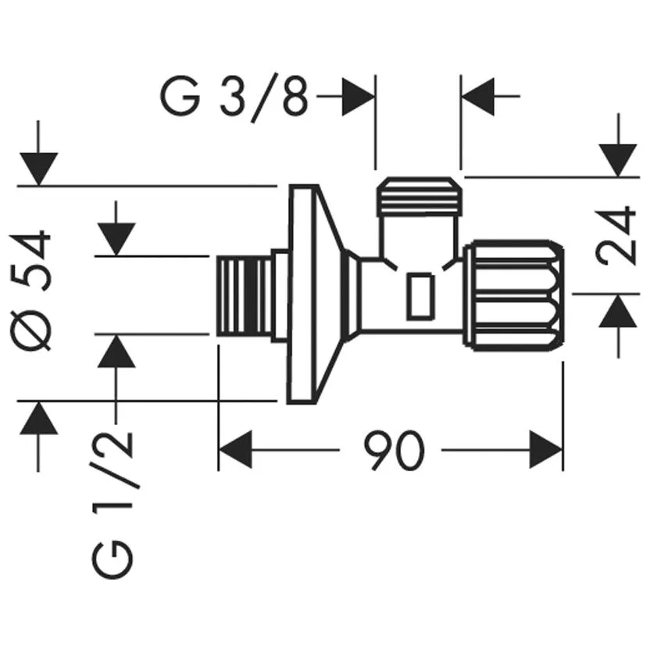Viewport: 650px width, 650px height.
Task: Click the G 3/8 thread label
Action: click(x=234, y=98)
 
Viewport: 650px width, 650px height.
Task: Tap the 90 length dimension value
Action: click(x=395, y=450)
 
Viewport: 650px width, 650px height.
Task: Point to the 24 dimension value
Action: click(x=615, y=235)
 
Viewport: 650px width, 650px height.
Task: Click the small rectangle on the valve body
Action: click(x=420, y=297)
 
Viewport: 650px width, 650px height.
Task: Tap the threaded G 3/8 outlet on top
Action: click(x=419, y=197)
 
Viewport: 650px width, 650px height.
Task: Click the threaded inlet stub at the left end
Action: click(x=245, y=295)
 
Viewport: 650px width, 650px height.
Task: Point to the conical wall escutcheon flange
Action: click(x=316, y=295)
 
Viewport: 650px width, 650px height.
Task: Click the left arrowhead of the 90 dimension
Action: click(x=235, y=450)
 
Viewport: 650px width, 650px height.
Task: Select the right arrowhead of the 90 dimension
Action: click(x=546, y=450)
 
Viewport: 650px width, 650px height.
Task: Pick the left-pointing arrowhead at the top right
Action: click(x=478, y=96)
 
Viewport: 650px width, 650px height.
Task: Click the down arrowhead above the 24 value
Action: click(x=618, y=160)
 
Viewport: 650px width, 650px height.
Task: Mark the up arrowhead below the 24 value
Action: click(x=618, y=310)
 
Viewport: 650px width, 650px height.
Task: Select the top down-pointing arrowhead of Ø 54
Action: click(x=38, y=169)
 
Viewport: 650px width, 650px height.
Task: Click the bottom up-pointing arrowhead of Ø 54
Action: click(x=38, y=418)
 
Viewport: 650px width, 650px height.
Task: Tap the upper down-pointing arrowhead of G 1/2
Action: click(x=116, y=240)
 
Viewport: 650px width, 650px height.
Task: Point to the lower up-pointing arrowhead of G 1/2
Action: click(x=116, y=351)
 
